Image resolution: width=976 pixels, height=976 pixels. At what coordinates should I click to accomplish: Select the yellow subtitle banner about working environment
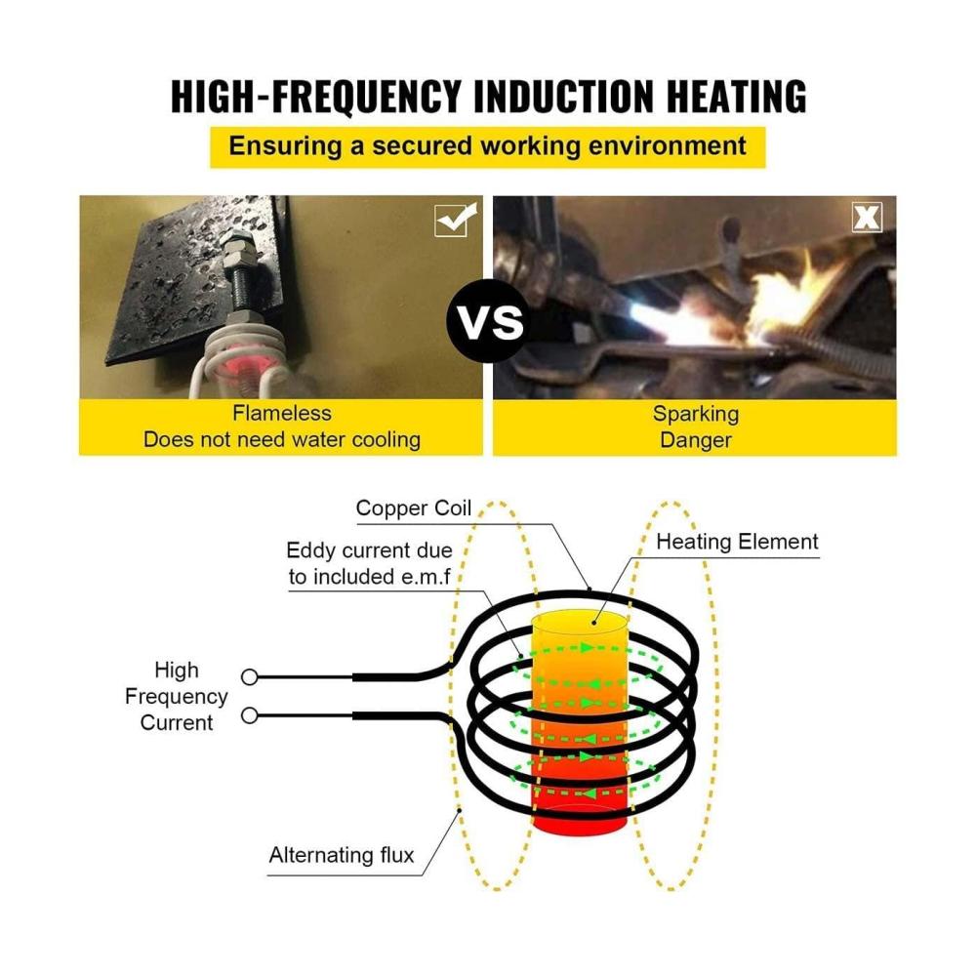click(487, 147)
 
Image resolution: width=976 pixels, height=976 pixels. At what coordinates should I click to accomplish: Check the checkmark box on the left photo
click(456, 219)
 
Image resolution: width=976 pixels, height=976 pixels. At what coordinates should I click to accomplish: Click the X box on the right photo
click(867, 218)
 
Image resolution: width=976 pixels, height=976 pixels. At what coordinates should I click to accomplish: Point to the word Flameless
click(282, 413)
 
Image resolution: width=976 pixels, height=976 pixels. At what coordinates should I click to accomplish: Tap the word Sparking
click(696, 414)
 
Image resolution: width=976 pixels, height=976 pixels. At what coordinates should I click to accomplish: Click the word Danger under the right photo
click(696, 440)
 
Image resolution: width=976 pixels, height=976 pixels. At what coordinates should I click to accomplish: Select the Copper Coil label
click(413, 508)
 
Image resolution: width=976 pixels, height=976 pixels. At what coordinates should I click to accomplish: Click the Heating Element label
click(737, 542)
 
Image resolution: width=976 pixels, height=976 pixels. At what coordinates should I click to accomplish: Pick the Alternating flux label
click(341, 855)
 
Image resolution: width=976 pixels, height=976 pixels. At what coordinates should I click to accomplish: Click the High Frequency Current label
click(176, 696)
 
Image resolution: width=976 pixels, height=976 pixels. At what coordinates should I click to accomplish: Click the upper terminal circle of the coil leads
click(250, 676)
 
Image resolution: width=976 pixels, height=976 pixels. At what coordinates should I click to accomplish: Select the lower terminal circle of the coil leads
click(250, 715)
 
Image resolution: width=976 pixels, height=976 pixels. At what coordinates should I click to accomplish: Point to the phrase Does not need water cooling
click(282, 439)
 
